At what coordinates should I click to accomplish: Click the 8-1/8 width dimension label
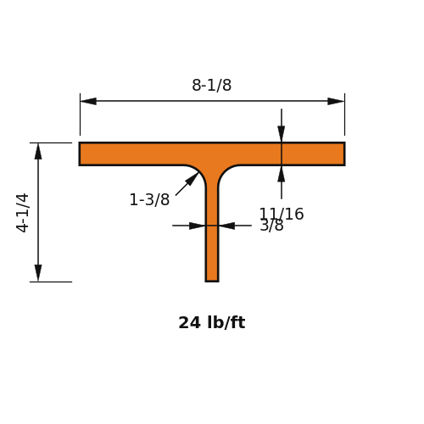pos(212,85)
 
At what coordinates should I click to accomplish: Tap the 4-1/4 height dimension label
pos(23,213)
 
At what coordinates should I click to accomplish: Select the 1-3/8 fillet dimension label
pos(149,199)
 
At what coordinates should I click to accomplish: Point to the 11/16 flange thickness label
pos(282,214)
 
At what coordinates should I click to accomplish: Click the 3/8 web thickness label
pos(271,226)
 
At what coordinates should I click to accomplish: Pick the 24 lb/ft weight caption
pos(212,322)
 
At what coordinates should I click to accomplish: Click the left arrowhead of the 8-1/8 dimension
pos(88,101)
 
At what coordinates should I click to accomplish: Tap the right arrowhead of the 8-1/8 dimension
pos(336,101)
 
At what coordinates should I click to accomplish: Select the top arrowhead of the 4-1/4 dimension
pos(38,151)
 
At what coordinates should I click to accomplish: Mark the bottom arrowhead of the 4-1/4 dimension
pos(38,273)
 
